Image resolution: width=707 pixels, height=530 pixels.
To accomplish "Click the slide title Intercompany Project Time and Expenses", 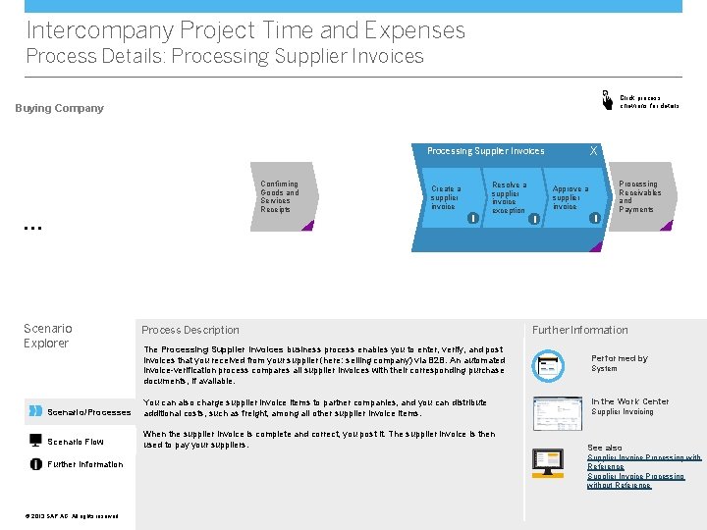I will tap(245, 30).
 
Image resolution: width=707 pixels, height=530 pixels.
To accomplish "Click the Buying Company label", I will tap(59, 108).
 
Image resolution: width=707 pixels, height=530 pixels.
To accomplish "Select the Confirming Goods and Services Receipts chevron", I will tap(280, 197).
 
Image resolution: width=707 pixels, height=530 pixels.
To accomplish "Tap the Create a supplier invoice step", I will tap(446, 197).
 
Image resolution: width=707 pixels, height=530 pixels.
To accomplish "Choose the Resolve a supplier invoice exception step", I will tap(509, 197).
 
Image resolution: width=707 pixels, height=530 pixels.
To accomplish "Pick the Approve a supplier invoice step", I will tap(570, 197).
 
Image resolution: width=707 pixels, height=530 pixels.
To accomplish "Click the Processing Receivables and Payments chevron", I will tap(640, 197).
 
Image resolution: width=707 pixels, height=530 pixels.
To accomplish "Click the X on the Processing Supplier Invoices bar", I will tap(593, 151).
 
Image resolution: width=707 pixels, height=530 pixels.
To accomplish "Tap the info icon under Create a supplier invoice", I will tap(473, 218).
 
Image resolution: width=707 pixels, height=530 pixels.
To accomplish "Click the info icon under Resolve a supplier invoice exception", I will tap(534, 218).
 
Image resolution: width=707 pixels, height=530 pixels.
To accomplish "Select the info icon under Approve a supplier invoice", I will tap(595, 218).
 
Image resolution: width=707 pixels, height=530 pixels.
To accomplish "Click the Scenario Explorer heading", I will tap(47, 336).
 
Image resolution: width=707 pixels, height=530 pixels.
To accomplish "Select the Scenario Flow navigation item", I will tap(75, 442).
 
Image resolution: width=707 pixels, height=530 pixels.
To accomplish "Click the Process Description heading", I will tap(190, 330).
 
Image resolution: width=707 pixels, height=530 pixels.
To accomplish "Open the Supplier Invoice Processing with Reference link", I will tap(644, 461).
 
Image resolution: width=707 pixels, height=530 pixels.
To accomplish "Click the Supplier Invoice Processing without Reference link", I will tap(635, 480).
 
